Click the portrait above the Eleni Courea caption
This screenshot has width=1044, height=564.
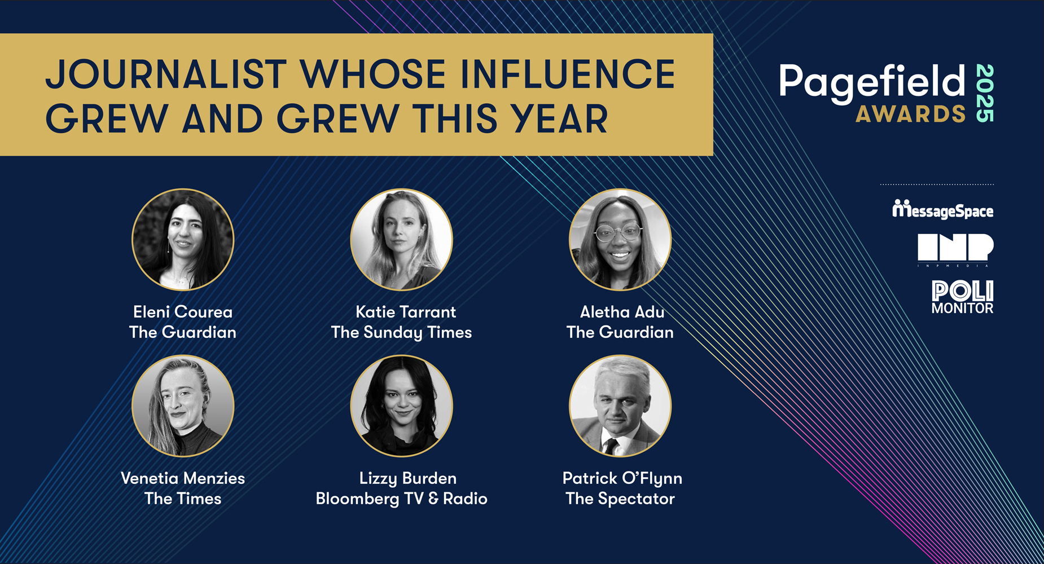point(183,240)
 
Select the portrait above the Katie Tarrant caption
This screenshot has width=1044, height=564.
point(401,240)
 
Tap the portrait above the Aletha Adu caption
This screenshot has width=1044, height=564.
point(620,240)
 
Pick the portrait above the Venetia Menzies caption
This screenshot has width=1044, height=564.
point(183,406)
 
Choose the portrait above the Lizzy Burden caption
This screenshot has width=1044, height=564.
point(401,406)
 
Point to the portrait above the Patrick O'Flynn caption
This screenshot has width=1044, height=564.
point(620,406)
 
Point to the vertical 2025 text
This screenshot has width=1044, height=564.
point(985,93)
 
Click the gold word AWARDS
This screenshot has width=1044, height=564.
point(911,114)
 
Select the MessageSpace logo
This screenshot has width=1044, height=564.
point(942,209)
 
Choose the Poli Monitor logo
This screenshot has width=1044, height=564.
point(962,297)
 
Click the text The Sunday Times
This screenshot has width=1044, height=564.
point(401,333)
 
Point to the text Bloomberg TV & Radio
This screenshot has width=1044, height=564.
point(401,499)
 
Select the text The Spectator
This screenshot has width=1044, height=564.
point(620,499)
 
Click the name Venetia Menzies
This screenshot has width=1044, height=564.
point(183,478)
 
